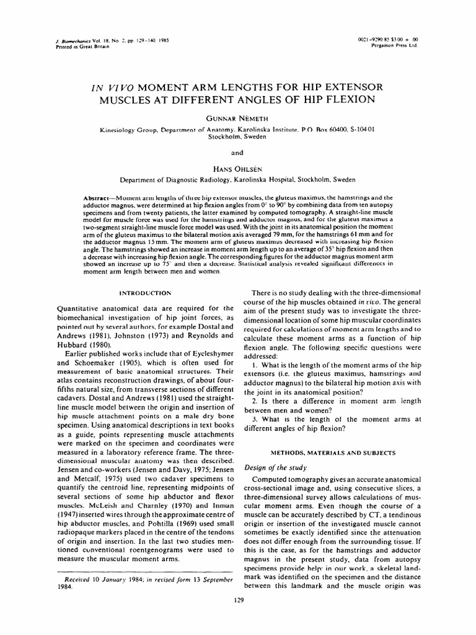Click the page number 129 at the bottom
coord(238,600)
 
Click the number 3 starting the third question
coord(256,419)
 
